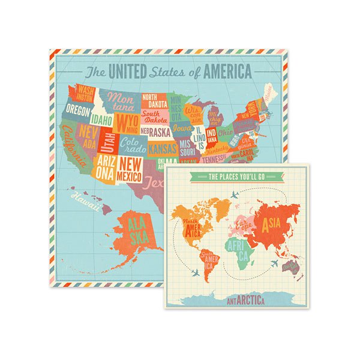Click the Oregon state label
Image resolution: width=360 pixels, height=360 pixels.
click(78, 111)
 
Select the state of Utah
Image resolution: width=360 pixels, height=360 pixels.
click(109, 143)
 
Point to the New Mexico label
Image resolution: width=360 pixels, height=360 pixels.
click(130, 169)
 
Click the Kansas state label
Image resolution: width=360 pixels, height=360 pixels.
click(161, 148)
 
